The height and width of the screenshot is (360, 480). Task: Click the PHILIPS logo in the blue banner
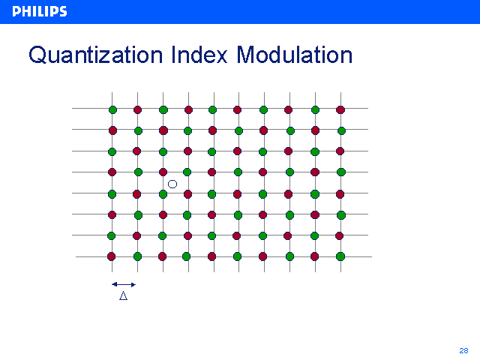click(40, 12)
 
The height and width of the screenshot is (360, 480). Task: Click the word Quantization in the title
click(95, 55)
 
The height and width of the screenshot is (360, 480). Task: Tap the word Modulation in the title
click(295, 55)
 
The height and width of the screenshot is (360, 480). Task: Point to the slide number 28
click(463, 350)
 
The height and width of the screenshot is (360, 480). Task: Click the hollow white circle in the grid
click(172, 184)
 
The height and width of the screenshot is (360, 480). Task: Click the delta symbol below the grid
click(123, 295)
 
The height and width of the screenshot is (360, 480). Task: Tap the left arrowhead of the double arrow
click(114, 284)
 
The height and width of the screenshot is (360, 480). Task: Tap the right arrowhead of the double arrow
click(133, 285)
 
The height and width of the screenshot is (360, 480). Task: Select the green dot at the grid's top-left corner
click(112, 109)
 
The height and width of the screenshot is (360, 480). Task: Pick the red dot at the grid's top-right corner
click(340, 109)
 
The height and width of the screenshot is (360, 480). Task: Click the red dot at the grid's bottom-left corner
click(112, 256)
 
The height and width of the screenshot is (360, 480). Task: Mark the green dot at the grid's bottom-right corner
click(340, 256)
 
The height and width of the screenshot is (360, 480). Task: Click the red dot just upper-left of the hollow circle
click(163, 172)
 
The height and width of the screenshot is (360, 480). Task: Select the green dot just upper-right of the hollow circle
click(187, 172)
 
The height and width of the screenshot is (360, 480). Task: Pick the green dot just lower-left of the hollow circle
click(163, 194)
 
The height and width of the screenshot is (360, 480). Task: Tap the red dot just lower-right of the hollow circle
click(187, 194)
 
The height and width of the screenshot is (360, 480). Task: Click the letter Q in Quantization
click(37, 55)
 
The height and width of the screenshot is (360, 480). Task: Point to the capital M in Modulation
click(246, 55)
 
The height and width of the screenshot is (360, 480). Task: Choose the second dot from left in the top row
click(138, 109)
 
